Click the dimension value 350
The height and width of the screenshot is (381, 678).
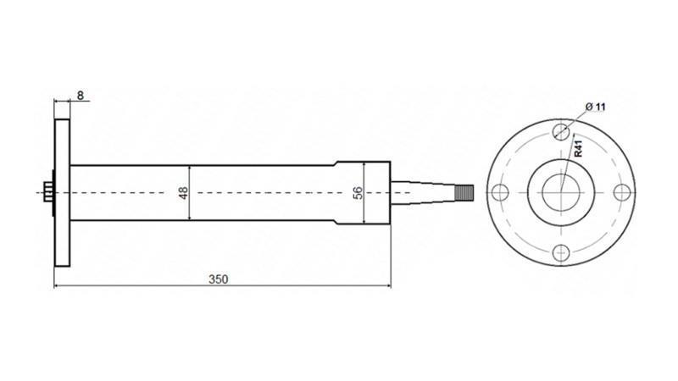218,279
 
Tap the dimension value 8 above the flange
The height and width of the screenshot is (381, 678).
80,95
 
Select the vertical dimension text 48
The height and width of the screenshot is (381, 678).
183,192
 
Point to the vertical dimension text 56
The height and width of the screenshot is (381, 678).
357,192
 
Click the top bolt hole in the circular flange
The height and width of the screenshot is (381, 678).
560,131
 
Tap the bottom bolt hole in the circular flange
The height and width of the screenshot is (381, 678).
560,251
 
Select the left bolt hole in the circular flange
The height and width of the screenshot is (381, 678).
500,191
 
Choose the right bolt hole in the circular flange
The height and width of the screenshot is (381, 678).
620,191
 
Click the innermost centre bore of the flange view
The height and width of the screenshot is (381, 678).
560,191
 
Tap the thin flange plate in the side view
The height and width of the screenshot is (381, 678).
62,192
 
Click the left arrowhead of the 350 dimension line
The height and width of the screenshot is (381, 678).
58,286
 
